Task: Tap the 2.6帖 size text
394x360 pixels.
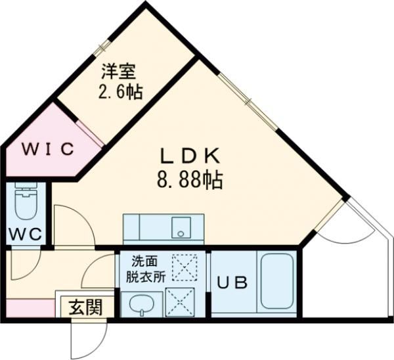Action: [x=120, y=91]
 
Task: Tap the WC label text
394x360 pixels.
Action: [x=26, y=233]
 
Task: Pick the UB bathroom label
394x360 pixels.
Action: [x=232, y=284]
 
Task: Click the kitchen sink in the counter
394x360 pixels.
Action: [x=179, y=229]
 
